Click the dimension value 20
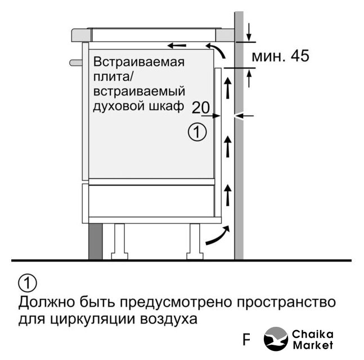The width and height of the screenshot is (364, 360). pyautogui.click(x=201, y=107)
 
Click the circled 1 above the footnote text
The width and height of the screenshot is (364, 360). pyautogui.click(x=28, y=283)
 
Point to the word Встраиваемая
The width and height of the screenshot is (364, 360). pyautogui.click(x=139, y=62)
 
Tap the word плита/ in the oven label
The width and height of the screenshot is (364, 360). pyautogui.click(x=113, y=77)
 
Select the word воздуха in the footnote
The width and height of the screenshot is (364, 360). pyautogui.click(x=169, y=319)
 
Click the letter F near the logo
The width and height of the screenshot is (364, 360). pyautogui.click(x=246, y=340)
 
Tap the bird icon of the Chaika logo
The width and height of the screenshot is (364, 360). pyautogui.click(x=276, y=339)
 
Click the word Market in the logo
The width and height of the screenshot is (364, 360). pyautogui.click(x=313, y=345)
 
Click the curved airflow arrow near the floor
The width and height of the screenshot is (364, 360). pyautogui.click(x=218, y=235)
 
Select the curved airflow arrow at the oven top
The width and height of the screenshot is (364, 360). pyautogui.click(x=216, y=50)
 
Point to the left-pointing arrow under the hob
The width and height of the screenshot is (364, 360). pyautogui.click(x=177, y=46)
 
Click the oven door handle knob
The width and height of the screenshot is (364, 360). pyautogui.click(x=76, y=62)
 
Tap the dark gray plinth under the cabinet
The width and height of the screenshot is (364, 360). pyautogui.click(x=96, y=241)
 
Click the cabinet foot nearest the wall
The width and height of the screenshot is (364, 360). pyautogui.click(x=195, y=242)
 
